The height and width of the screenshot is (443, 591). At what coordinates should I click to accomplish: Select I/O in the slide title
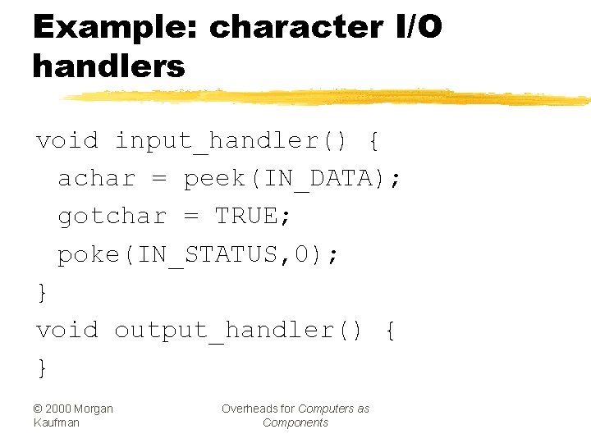[414, 28]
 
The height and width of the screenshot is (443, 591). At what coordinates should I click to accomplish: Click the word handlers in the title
[109, 66]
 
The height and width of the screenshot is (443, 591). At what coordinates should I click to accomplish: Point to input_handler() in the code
[231, 141]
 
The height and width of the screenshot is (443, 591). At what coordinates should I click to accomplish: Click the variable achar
[96, 179]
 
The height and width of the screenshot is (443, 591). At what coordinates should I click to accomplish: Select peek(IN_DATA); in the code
[293, 179]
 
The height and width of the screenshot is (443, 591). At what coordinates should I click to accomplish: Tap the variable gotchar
[112, 217]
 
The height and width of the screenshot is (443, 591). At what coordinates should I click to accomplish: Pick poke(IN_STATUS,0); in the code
[198, 255]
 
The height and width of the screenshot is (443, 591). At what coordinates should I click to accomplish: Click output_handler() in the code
[238, 331]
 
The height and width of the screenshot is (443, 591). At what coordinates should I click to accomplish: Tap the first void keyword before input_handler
[66, 141]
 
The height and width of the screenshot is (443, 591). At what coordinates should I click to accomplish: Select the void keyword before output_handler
[66, 331]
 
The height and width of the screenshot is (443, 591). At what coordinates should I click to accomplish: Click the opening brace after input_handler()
[374, 141]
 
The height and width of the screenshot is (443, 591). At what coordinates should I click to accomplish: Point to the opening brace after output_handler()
[390, 331]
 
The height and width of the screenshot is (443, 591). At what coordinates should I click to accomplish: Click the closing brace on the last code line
[43, 368]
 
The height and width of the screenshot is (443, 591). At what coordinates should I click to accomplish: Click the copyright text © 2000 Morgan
[73, 409]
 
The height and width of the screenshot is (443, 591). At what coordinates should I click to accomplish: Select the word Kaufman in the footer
[55, 422]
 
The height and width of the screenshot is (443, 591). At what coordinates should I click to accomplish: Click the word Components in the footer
[295, 422]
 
